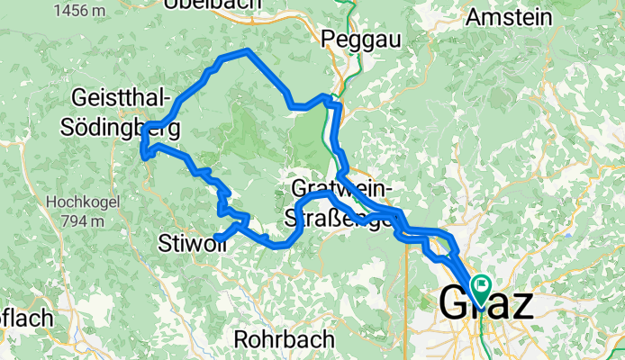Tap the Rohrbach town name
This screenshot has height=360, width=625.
[x=284, y=339]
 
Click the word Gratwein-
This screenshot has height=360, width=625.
[x=341, y=188]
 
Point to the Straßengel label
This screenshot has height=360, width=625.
[x=341, y=217]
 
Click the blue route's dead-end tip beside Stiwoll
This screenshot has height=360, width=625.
[x=218, y=238]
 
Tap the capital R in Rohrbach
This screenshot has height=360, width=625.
[x=241, y=339]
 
